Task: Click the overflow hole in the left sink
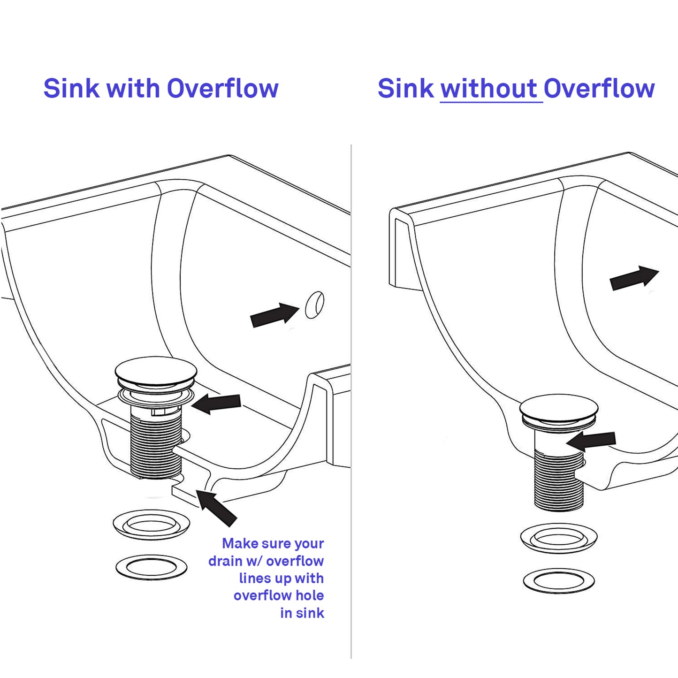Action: point(314,305)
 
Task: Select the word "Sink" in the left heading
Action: point(71,89)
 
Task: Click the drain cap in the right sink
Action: point(559,408)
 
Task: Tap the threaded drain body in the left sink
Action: point(155,446)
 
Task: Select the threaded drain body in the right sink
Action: point(559,479)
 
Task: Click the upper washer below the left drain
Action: point(152,524)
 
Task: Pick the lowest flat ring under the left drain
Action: point(152,567)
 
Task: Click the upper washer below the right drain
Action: point(559,538)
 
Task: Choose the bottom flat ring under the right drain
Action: point(559,581)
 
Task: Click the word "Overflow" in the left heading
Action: point(222,89)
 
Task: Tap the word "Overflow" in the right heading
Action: point(599,89)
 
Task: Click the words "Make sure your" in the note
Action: point(273,543)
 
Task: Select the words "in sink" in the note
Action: point(302,613)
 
